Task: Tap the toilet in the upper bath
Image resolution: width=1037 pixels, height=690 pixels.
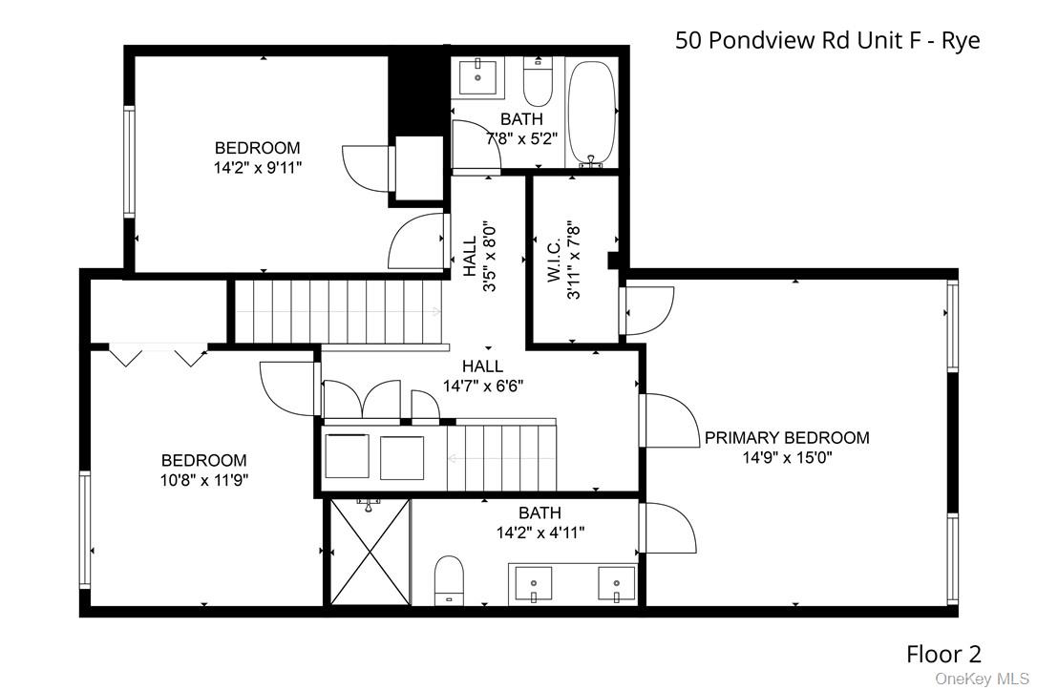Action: pos(539,85)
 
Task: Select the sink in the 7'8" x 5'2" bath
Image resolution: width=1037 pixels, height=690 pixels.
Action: pos(476,77)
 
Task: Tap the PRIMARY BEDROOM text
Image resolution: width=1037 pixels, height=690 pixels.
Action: pos(787,438)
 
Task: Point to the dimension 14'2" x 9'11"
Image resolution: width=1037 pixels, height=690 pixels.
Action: pos(257,167)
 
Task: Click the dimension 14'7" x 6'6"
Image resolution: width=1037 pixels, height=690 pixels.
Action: pos(482,387)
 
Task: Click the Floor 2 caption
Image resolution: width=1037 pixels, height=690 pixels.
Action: pos(942,654)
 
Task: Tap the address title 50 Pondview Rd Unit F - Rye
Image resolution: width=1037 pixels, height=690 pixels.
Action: pos(827,40)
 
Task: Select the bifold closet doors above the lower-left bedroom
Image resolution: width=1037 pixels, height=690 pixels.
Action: pos(159,355)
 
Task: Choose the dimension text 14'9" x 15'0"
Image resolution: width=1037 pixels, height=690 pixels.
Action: pos(787,458)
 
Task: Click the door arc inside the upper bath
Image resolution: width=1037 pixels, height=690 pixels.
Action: pos(474,145)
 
